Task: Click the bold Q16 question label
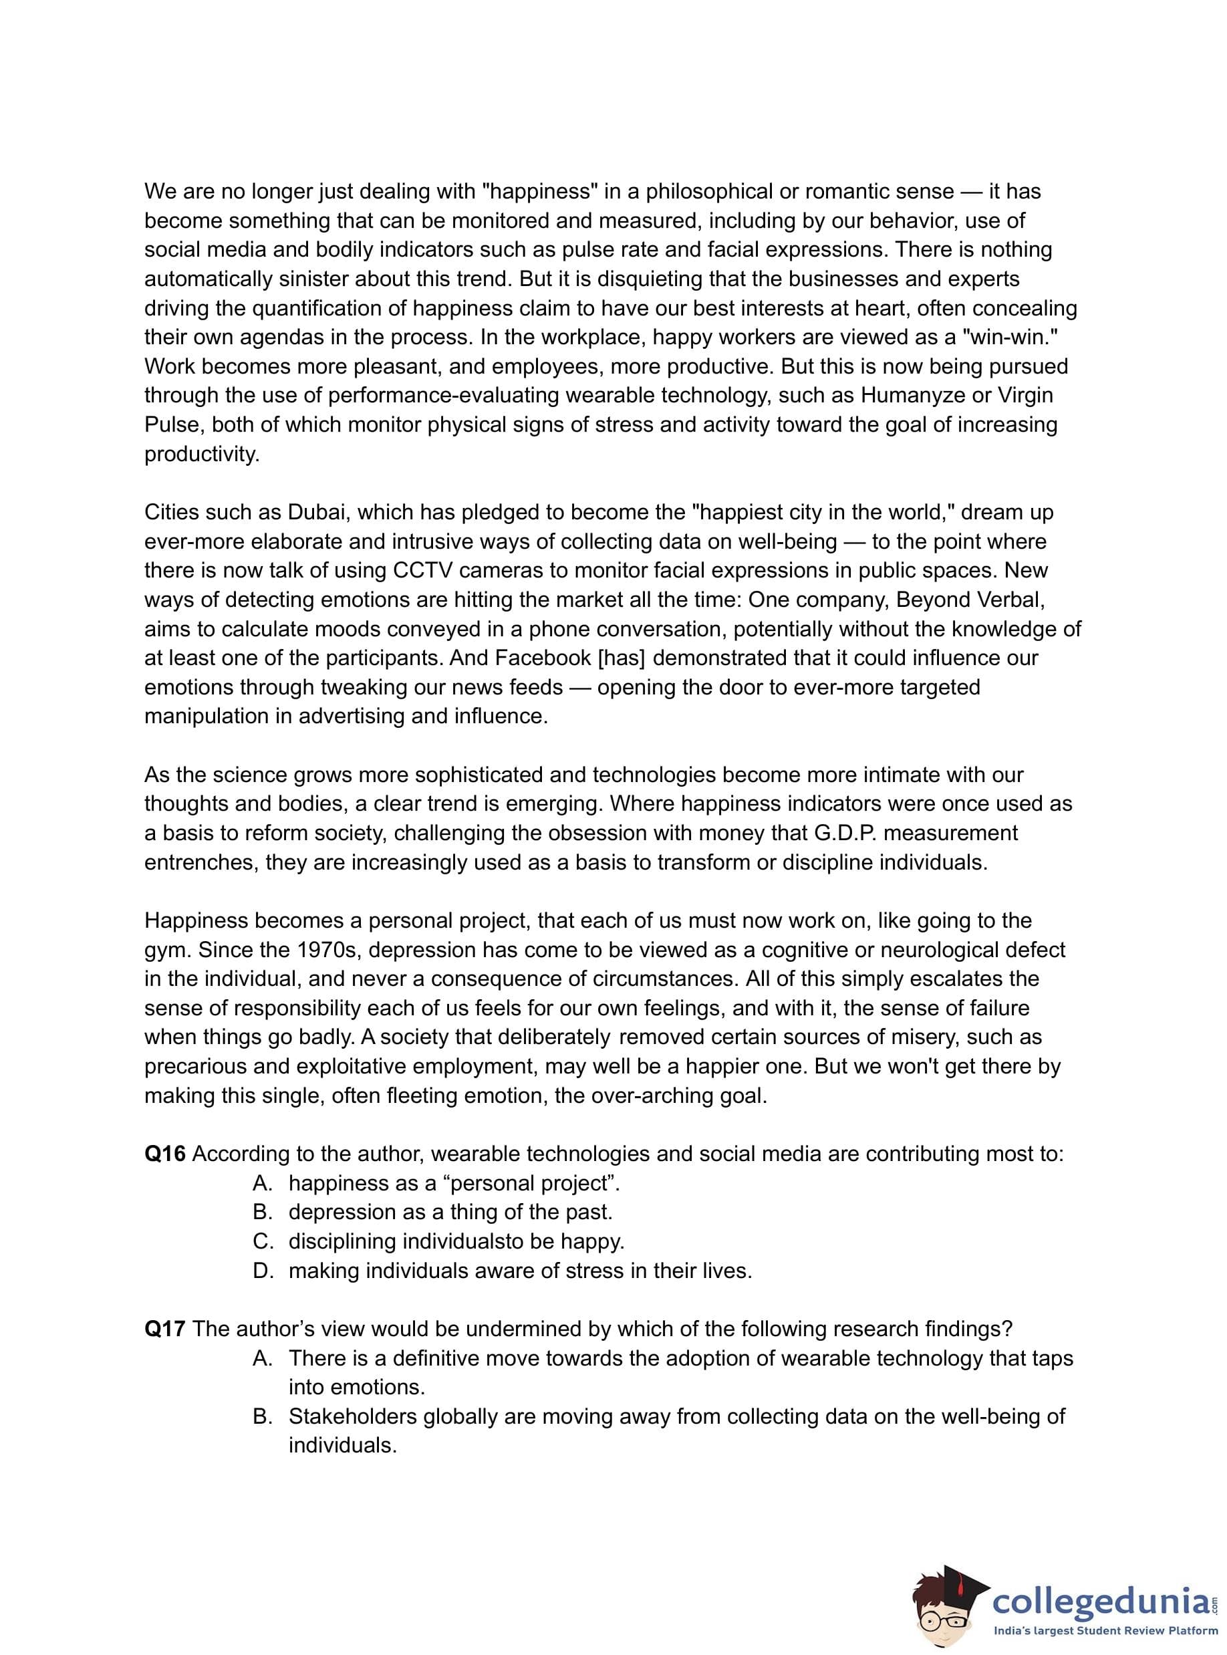tap(165, 1154)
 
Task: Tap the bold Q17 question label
tap(165, 1328)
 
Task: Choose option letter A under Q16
tap(262, 1182)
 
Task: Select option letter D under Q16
tap(262, 1270)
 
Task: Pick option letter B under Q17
tap(262, 1416)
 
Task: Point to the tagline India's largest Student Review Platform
tap(1106, 1631)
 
